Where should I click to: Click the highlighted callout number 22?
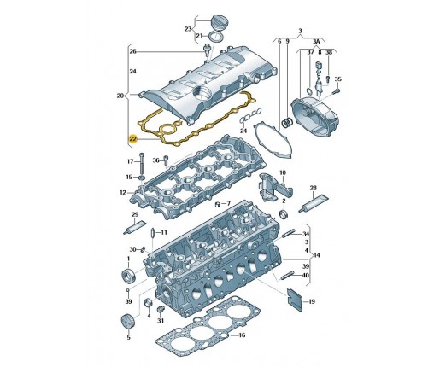coord(133,139)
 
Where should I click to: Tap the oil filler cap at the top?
coord(217,22)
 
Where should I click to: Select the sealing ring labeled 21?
coord(216,38)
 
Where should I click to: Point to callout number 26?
coord(133,51)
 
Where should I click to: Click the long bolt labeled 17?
coord(142,164)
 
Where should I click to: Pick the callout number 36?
coord(155,160)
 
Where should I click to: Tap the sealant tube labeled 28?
coord(314,202)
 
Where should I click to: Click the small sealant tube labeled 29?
coord(135,227)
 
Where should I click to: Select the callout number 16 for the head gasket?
coord(242,335)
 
